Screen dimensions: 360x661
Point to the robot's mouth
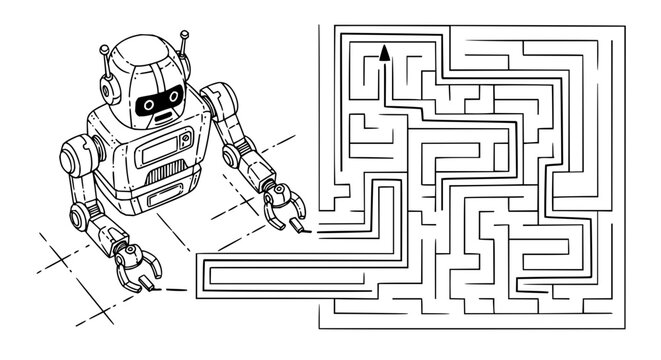pyautogui.click(x=161, y=116)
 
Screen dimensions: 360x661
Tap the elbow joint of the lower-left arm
pyautogui.click(x=83, y=213)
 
